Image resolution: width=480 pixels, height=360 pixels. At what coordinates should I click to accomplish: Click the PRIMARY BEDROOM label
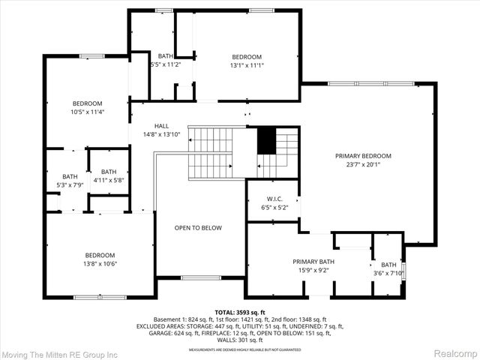pyautogui.click(x=368, y=156)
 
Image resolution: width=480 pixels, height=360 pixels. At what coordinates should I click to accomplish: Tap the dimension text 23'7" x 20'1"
pyautogui.click(x=368, y=165)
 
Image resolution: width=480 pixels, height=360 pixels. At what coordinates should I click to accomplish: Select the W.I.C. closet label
pyautogui.click(x=274, y=199)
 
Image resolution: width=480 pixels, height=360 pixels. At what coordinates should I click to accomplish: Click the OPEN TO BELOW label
pyautogui.click(x=198, y=228)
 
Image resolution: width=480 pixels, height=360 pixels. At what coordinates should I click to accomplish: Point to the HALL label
pyautogui.click(x=161, y=126)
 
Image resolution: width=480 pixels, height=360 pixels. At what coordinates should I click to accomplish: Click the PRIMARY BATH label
pyautogui.click(x=313, y=262)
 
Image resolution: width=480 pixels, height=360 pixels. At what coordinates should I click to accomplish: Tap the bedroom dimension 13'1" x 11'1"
pyautogui.click(x=246, y=66)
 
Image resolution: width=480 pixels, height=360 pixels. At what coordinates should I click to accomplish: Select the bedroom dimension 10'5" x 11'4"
pyautogui.click(x=88, y=112)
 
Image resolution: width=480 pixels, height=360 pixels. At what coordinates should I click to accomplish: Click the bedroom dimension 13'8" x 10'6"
pyautogui.click(x=99, y=263)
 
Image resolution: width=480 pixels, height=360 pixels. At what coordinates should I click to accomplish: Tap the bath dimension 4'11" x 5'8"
pyautogui.click(x=109, y=180)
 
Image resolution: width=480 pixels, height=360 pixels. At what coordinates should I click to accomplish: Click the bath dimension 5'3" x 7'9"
pyautogui.click(x=70, y=185)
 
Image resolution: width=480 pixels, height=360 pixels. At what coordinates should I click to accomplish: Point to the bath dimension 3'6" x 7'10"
pyautogui.click(x=388, y=273)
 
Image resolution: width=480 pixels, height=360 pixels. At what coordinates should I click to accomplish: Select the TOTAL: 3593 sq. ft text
pyautogui.click(x=239, y=311)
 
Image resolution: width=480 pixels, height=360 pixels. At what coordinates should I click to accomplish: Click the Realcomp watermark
pyautogui.click(x=451, y=352)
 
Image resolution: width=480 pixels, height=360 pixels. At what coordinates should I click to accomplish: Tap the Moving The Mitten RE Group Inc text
pyautogui.click(x=60, y=352)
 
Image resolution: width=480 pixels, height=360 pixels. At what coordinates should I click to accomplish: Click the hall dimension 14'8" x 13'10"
pyautogui.click(x=161, y=135)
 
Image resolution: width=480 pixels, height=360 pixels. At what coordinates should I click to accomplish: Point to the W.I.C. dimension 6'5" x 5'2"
pyautogui.click(x=274, y=208)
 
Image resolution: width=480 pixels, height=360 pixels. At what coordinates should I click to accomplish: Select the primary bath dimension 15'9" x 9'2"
pyautogui.click(x=313, y=271)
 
